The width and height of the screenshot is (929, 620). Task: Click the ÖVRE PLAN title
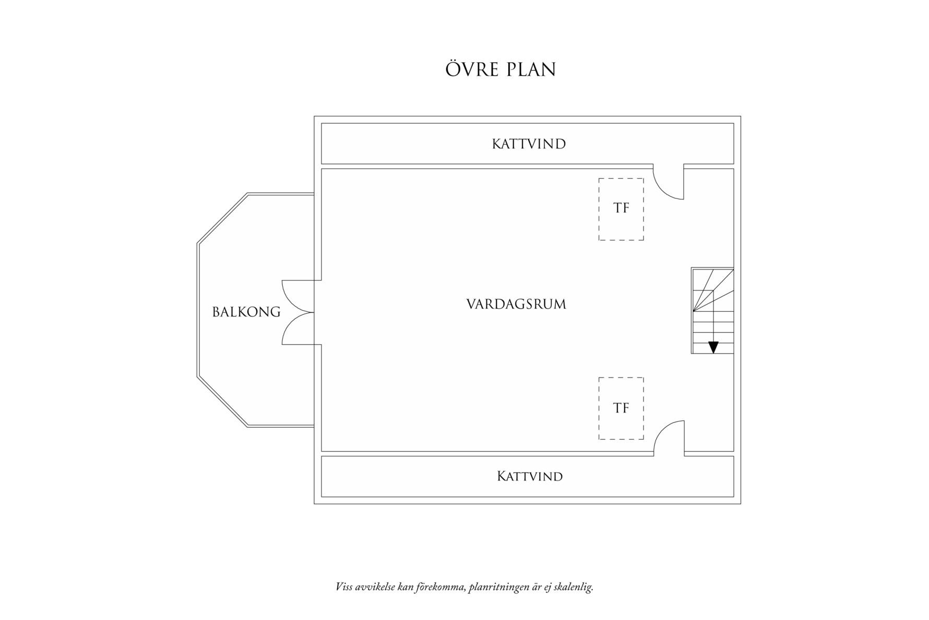click(501, 69)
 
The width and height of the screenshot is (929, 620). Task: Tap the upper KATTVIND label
click(529, 144)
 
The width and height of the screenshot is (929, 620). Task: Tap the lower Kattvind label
click(529, 476)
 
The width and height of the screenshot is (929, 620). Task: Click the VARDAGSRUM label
click(516, 305)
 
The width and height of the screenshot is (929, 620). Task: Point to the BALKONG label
click(246, 312)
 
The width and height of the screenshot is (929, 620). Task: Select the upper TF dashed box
click(621, 209)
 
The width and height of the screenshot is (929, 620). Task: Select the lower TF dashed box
click(621, 408)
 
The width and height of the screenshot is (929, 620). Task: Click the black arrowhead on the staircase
click(713, 347)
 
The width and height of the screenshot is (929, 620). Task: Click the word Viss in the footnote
click(343, 587)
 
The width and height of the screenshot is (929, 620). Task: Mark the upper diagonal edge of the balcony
click(222, 218)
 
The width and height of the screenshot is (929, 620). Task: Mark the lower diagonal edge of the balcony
click(222, 401)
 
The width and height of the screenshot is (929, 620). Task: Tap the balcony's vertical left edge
click(198, 309)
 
